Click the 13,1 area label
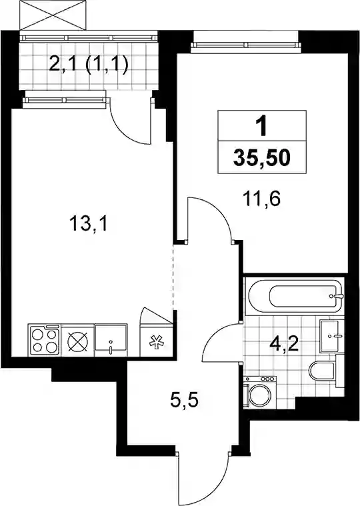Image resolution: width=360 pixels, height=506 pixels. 89,224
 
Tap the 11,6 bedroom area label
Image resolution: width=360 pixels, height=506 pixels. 262,199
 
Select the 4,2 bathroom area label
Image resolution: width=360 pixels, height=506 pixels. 285,344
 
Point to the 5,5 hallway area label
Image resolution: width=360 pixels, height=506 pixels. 183,401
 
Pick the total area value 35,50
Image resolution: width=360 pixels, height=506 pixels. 262,157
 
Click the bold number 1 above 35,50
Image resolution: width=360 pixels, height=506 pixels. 262,126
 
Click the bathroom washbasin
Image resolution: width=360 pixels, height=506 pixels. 330,336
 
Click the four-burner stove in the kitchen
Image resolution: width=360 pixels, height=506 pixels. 45,341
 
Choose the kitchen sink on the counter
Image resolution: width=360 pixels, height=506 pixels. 111,341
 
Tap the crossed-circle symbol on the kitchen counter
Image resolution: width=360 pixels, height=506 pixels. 78,341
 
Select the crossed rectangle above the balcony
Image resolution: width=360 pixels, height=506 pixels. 53,15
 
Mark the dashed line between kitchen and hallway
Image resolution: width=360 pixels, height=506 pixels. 173,277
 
